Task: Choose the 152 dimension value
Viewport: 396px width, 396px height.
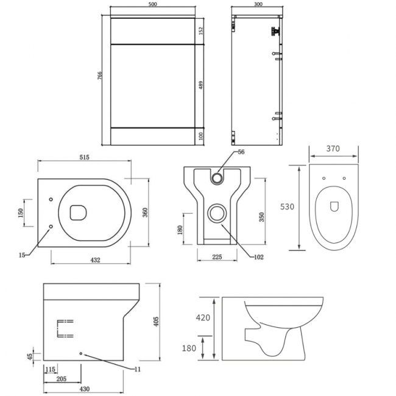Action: pos(201,30)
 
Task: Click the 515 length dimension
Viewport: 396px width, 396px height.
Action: pos(84,157)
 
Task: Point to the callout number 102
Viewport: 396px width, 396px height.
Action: pos(258,257)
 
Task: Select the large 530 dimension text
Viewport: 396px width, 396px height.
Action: pos(287,207)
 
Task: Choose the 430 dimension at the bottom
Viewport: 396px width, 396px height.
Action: pos(84,389)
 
